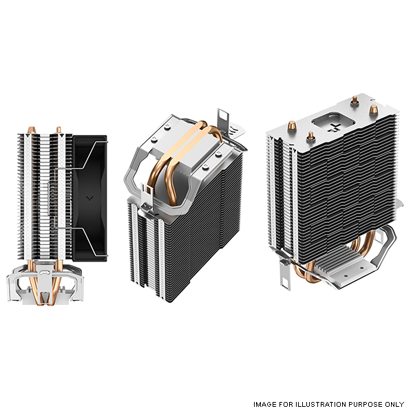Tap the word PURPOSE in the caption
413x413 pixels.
(365, 404)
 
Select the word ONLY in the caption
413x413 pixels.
(394, 404)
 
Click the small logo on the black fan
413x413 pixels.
(89, 198)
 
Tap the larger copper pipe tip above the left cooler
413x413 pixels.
(32, 130)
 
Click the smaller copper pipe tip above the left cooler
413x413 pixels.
(59, 129)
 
